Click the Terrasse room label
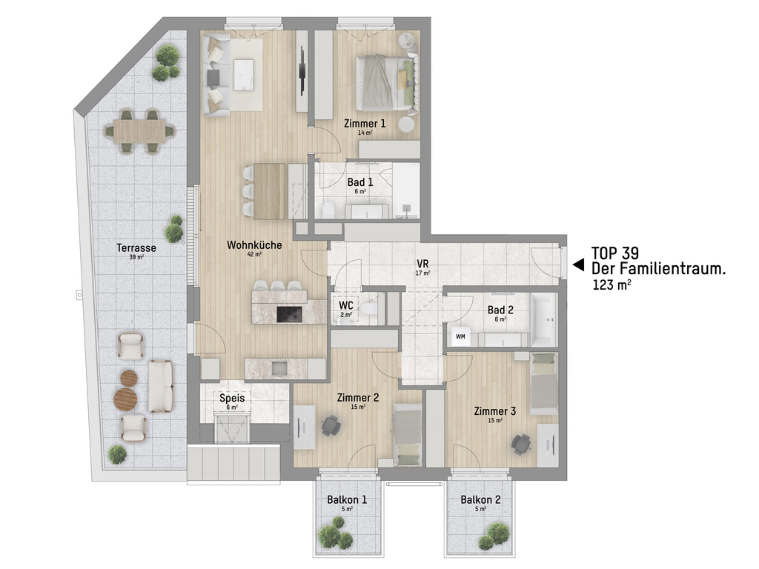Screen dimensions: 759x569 point(136,247)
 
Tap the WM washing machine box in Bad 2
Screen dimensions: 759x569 point(460,336)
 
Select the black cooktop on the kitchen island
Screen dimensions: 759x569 point(289,314)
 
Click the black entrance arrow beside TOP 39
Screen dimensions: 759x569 point(578,264)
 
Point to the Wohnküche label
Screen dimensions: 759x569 point(254,244)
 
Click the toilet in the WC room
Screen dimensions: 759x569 point(369,307)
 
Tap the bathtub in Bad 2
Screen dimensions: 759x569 point(544,319)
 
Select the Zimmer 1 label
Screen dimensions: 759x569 point(365,124)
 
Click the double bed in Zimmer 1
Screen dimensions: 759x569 point(386,83)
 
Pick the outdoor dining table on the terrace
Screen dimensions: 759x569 point(139,130)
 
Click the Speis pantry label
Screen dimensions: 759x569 point(232,398)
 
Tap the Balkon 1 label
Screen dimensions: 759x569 point(347,499)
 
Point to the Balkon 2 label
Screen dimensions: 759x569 point(480,499)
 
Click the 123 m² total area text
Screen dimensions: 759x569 point(611,284)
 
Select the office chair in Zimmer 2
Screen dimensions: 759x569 point(331,425)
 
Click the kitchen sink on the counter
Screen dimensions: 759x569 point(279,369)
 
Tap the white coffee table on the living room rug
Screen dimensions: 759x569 point(243,75)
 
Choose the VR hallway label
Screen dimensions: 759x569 point(422,264)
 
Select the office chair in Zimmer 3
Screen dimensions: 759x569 point(521,444)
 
